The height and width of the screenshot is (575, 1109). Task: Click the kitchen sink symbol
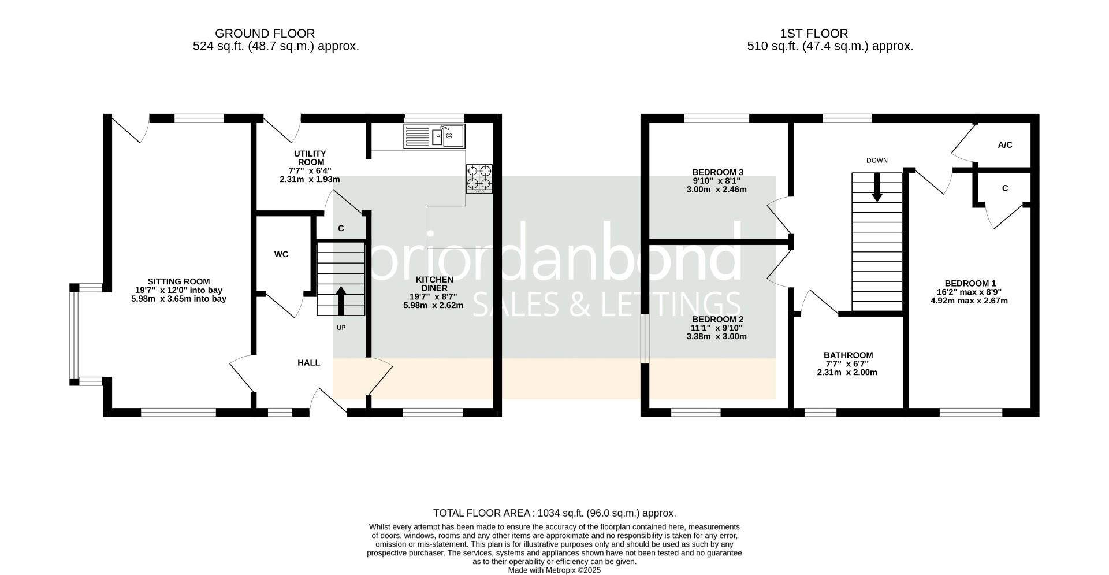click(x=434, y=136)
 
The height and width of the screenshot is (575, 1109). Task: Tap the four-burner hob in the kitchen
click(x=479, y=179)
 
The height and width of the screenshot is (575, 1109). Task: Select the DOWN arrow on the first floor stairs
click(x=877, y=187)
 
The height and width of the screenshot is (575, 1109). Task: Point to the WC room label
click(x=281, y=254)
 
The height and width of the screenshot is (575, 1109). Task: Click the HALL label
click(x=309, y=363)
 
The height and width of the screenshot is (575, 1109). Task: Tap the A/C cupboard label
click(x=1005, y=145)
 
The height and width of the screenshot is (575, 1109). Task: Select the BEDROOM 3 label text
click(x=717, y=172)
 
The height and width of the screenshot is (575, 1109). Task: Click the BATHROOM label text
click(x=848, y=355)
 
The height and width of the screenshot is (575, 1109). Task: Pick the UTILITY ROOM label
click(x=310, y=158)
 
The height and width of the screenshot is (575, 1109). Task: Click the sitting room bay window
click(x=74, y=334)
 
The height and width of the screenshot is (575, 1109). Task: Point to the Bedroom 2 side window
click(x=645, y=339)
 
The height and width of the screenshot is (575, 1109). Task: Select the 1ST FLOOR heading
click(x=814, y=34)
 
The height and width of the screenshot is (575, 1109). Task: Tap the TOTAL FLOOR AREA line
click(x=554, y=513)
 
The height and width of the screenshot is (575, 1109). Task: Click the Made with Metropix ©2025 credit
click(x=554, y=570)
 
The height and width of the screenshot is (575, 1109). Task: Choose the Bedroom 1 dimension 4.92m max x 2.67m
click(x=969, y=301)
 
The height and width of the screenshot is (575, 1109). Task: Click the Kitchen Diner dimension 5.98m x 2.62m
click(x=433, y=305)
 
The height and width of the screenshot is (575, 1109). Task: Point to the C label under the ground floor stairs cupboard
click(x=341, y=229)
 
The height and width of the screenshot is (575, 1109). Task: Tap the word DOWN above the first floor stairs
click(x=877, y=161)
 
